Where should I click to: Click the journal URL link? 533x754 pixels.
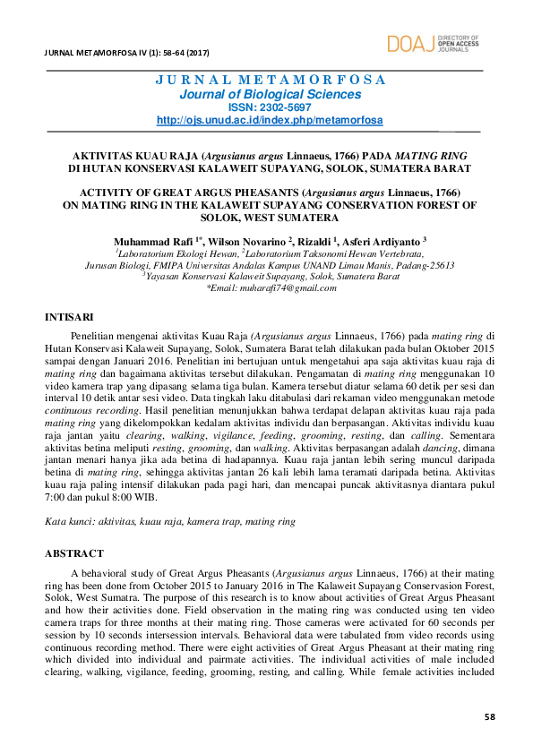[270, 120]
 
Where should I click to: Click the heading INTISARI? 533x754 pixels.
[67, 316]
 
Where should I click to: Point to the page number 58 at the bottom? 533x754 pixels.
[489, 716]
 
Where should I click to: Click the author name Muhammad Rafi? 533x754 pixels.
[150, 242]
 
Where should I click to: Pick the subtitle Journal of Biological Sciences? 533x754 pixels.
[270, 94]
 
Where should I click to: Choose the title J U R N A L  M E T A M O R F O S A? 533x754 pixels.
[270, 79]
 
